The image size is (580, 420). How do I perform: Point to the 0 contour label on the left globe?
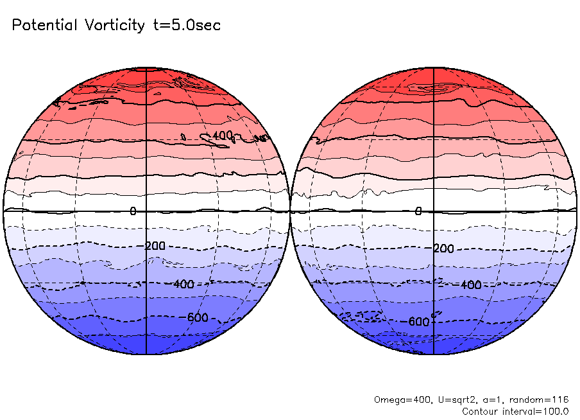[133, 211]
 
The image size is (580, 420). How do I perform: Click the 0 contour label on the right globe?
[418, 211]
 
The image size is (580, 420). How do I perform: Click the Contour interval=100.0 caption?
[515, 411]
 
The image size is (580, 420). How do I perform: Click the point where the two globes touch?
[290, 211]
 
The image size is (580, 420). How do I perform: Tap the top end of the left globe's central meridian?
[147, 67]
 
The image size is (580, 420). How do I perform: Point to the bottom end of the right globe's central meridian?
[434, 354]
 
